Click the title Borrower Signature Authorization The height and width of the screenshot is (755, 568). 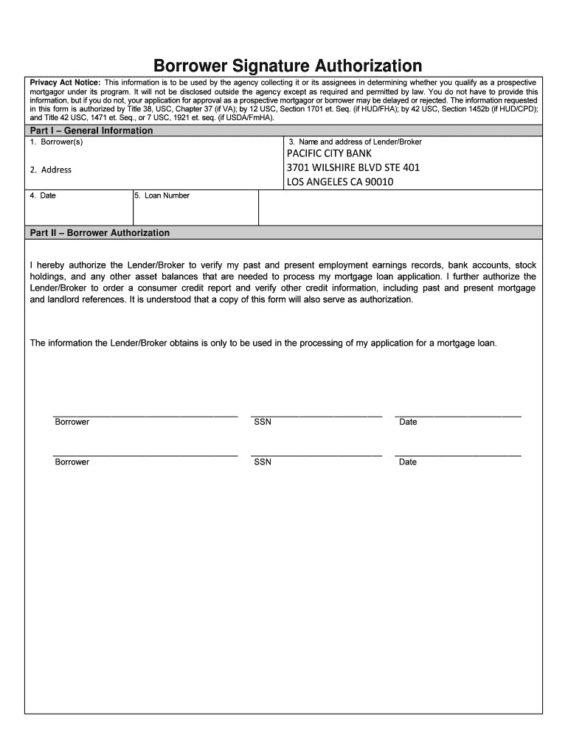288,66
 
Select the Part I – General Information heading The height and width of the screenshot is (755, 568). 91,131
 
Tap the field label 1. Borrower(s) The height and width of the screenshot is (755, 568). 56,142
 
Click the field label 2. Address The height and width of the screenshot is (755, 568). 51,170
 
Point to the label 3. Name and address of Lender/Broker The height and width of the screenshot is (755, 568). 355,142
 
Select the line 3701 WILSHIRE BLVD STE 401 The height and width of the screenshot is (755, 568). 353,167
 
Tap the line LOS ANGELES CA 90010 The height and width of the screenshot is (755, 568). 340,181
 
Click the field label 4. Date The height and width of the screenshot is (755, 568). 43,195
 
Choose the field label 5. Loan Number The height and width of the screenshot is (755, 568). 162,195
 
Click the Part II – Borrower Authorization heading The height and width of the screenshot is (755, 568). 100,232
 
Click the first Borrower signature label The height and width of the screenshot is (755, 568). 72,422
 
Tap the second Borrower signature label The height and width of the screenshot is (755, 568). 72,462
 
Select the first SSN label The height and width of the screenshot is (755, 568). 263,422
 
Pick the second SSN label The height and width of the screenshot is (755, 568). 263,462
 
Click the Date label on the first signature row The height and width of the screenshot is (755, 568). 408,422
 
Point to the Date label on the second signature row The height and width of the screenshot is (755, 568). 408,462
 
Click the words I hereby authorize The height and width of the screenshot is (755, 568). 67,265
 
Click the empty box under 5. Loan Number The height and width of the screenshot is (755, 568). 195,212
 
